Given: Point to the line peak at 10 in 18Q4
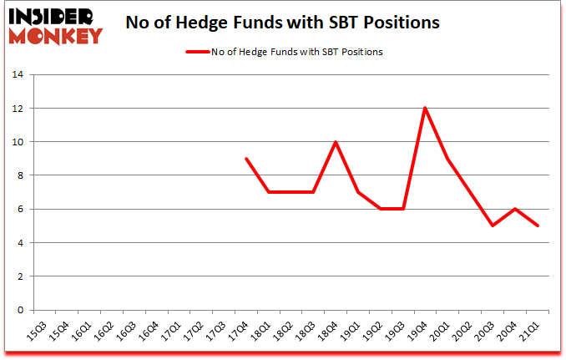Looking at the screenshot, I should coord(336,142).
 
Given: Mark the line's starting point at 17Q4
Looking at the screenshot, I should coord(245,159).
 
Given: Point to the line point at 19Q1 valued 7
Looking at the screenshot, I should coord(359,192).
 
